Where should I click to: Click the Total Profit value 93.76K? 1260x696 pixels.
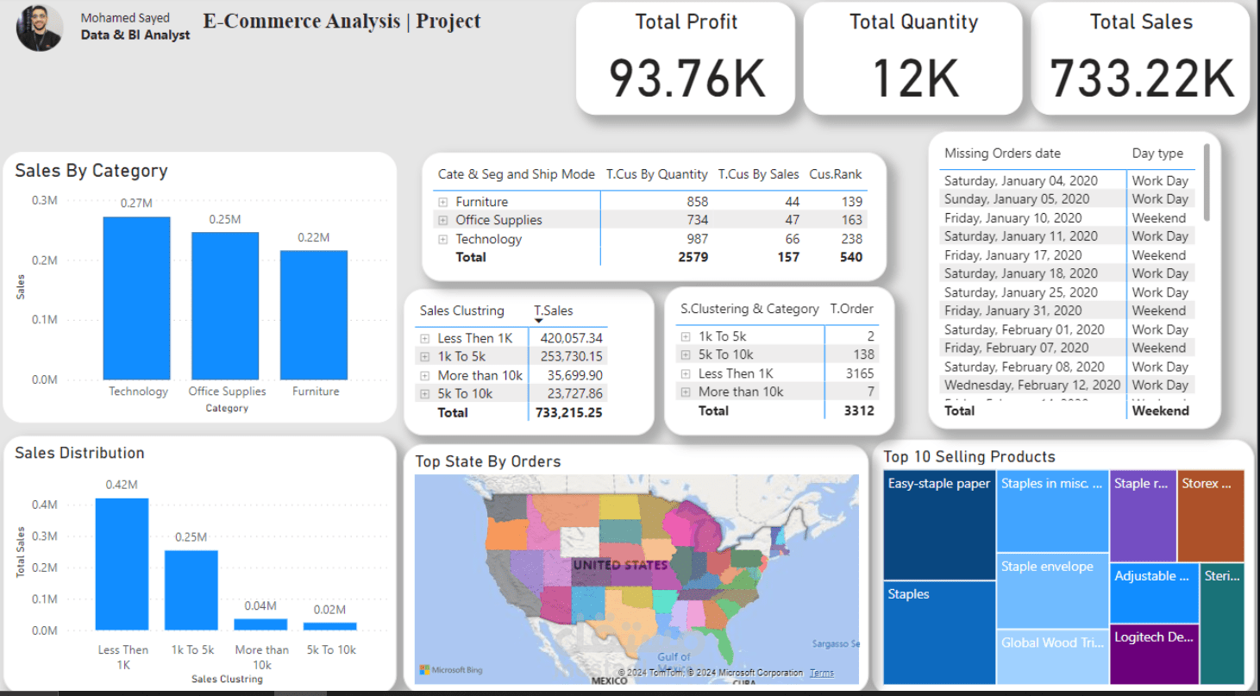(x=686, y=78)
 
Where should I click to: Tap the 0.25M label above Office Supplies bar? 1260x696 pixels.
(x=224, y=220)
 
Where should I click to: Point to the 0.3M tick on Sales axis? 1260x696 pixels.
(x=45, y=200)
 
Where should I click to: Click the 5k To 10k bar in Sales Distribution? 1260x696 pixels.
(x=330, y=626)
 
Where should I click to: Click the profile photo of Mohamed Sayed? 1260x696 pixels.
(x=40, y=28)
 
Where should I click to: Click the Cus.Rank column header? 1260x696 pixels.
(x=835, y=174)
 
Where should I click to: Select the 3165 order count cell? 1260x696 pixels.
(x=859, y=373)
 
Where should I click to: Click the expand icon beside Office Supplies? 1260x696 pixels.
(x=443, y=221)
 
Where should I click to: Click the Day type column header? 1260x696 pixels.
(x=1157, y=154)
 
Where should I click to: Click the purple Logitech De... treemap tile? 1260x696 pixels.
(x=1154, y=654)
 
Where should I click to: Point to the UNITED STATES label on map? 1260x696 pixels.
(x=620, y=565)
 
